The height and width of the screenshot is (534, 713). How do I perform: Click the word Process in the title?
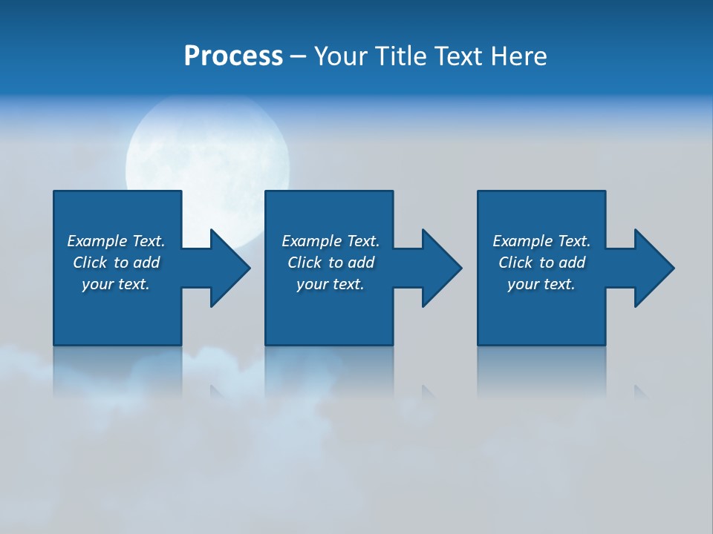[233, 56]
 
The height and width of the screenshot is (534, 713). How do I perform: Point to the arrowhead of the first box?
[229, 268]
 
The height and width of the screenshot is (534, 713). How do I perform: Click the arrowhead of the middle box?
[441, 268]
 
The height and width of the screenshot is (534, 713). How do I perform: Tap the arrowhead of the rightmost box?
[654, 268]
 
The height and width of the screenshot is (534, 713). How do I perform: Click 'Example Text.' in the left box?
[116, 241]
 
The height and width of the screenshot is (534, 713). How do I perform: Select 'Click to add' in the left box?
[116, 263]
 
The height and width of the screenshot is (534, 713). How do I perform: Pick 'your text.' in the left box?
[116, 284]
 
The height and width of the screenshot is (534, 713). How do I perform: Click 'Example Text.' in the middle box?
[331, 241]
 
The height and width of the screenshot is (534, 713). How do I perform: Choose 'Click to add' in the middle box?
[331, 263]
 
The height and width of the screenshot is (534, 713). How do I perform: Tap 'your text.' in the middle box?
[331, 284]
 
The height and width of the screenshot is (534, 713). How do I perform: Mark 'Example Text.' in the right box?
[541, 241]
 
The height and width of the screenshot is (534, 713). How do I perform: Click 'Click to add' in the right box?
[541, 263]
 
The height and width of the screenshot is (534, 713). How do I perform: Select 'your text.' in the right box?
[541, 284]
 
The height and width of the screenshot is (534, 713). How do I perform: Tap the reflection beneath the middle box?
[329, 371]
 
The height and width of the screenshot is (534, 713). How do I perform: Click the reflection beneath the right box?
[541, 371]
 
